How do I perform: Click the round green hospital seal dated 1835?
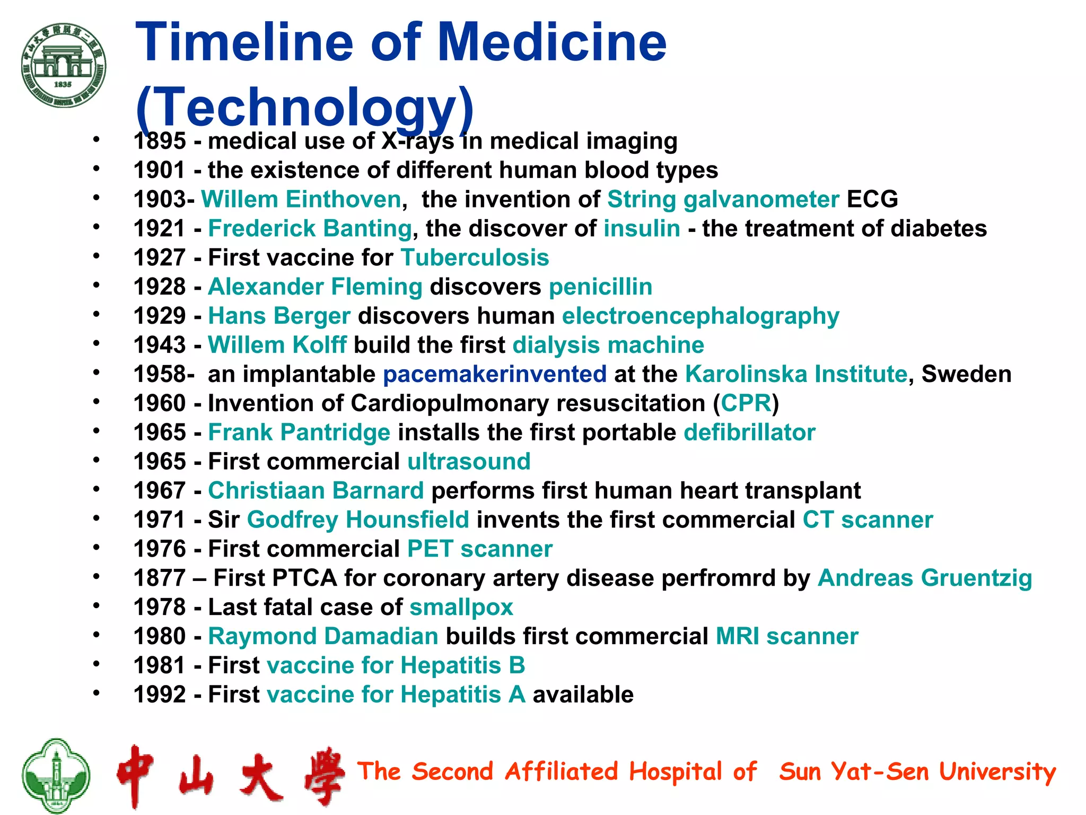(64, 65)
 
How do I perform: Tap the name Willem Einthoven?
(301, 200)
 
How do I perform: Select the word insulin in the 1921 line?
(642, 229)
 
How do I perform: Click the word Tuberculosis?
(475, 258)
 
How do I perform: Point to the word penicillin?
(600, 287)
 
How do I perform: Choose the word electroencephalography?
(700, 316)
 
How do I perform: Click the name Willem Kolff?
(277, 345)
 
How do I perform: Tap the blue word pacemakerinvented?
(495, 375)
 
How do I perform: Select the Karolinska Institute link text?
(796, 375)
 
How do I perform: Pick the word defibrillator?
(749, 433)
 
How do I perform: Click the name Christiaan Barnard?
(316, 491)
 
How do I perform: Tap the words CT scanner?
(868, 520)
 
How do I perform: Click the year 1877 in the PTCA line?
(159, 578)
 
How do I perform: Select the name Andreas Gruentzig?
(925, 578)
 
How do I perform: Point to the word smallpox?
(461, 608)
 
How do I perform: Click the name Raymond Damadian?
(323, 637)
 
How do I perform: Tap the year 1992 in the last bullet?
(159, 695)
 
